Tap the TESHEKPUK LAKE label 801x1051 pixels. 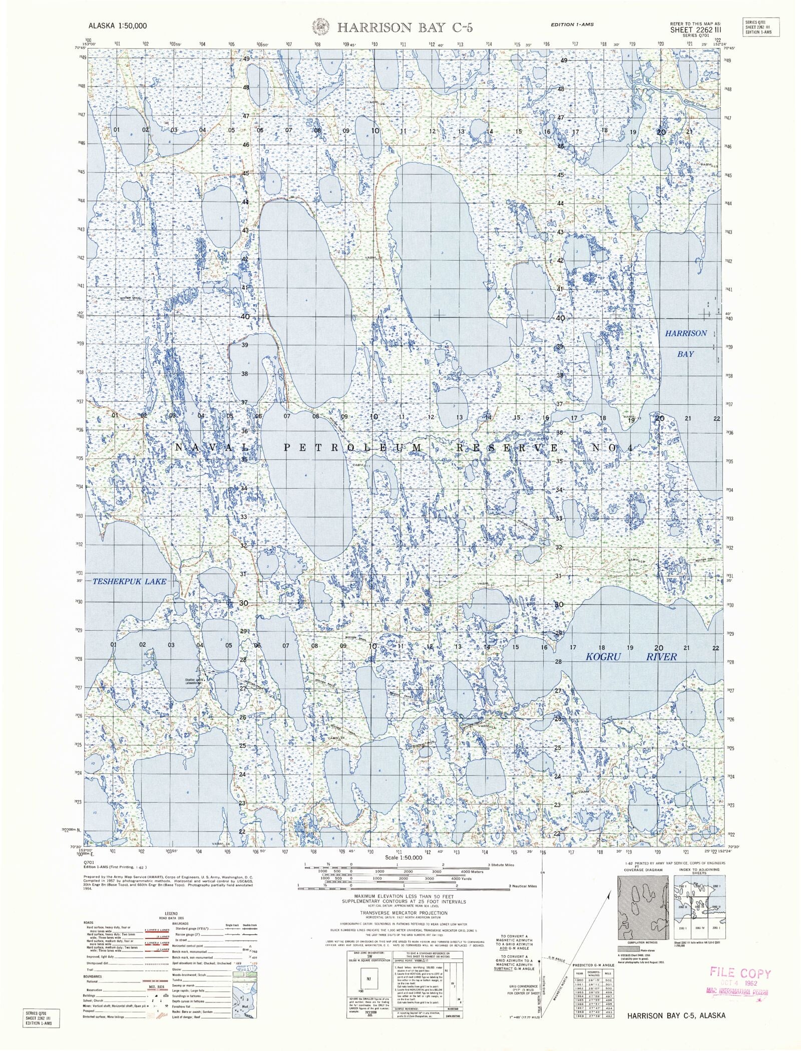click(129, 581)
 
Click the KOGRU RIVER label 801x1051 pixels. click(631, 656)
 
